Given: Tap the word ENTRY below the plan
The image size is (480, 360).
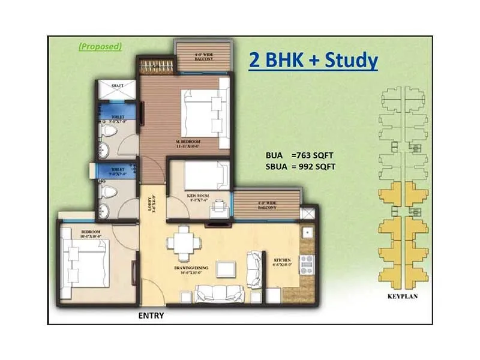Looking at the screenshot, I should (x=151, y=315).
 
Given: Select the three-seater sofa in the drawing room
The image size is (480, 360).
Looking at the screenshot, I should (x=220, y=293).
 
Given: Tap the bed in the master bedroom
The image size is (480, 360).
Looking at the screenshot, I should (x=201, y=114).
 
